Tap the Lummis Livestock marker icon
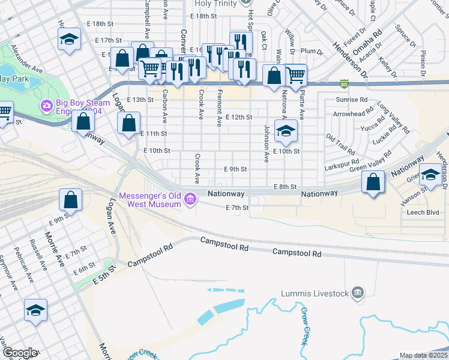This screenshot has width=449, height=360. [358, 293]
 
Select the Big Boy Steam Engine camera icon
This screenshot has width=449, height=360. [46, 106]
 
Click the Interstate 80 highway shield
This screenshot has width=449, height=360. [344, 83]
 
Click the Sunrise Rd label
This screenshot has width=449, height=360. [352, 100]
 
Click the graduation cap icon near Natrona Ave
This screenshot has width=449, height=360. [286, 131]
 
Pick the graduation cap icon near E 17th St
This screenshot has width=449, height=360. [70, 40]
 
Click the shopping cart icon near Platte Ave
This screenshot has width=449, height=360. [295, 75]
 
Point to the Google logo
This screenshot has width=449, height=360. [20, 353]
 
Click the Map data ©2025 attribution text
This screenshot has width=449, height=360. [424, 355]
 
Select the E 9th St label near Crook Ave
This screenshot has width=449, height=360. [235, 169]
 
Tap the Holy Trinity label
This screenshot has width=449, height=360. [216, 4]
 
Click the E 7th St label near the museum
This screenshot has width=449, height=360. [237, 208]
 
